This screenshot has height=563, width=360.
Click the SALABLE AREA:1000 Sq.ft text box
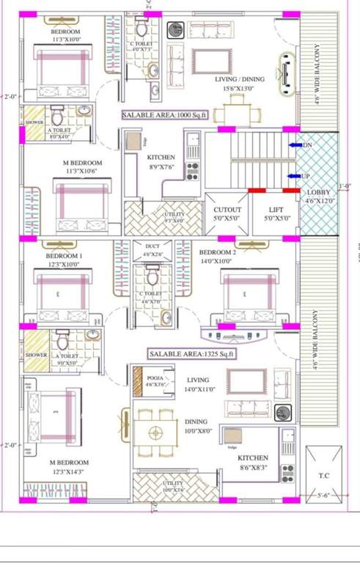165,115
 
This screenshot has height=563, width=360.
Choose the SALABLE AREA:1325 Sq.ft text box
191,354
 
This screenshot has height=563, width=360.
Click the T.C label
323,476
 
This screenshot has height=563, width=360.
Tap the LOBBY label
318,193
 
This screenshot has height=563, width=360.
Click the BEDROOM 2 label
218,252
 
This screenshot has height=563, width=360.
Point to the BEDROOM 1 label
65,255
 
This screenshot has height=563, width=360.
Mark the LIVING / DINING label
240,78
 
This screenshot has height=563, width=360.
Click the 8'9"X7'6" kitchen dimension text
161,167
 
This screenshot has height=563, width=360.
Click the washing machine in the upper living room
176,31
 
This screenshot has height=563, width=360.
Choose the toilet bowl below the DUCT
153,277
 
